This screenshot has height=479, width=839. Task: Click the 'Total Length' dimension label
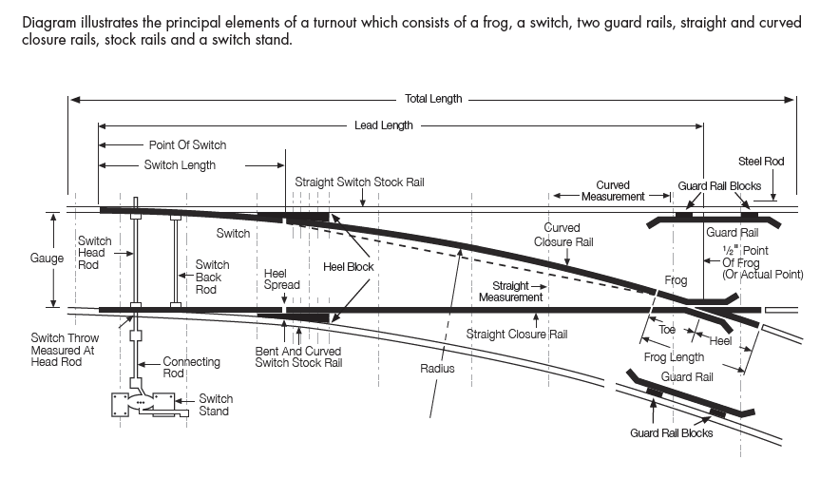(x=433, y=99)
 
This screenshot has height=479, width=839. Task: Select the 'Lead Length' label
(x=384, y=125)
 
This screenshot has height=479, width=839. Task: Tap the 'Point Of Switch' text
(x=187, y=145)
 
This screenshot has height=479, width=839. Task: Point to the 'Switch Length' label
(x=180, y=164)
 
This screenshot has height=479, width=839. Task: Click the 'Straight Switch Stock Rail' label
(x=359, y=182)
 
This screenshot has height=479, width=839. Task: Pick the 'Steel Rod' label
(x=761, y=162)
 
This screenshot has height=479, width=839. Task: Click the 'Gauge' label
(x=47, y=258)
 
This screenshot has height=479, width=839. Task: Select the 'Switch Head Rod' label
(x=95, y=253)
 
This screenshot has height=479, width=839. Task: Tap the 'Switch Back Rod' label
(x=212, y=278)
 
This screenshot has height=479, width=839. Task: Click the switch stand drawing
(x=150, y=405)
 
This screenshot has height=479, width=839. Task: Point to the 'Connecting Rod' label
(x=191, y=367)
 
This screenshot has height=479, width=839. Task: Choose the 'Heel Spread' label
(x=281, y=278)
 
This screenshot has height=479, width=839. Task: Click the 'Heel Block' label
(x=349, y=266)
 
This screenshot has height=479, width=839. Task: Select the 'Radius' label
(x=437, y=368)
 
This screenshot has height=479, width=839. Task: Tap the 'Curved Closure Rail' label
(x=563, y=235)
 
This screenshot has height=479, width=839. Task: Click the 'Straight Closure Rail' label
(x=516, y=335)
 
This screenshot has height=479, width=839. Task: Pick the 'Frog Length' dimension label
(x=674, y=357)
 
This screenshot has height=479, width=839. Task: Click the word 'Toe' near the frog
(x=667, y=329)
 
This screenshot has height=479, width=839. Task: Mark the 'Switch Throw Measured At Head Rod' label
(x=65, y=350)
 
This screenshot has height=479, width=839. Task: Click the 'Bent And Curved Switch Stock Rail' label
(x=298, y=357)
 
